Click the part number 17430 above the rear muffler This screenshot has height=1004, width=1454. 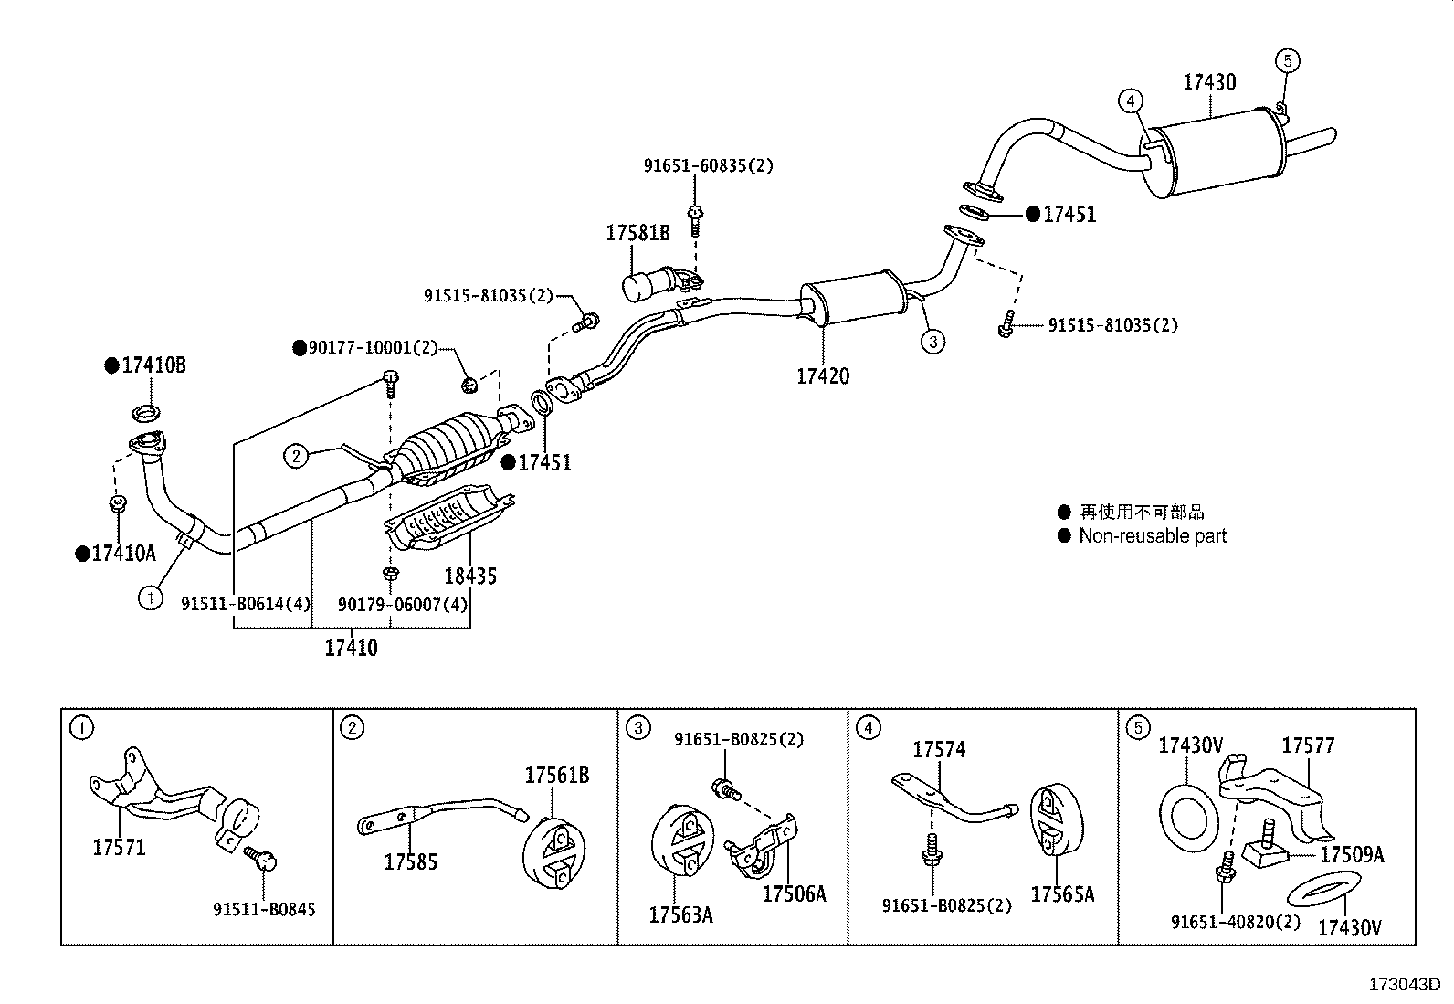1209,82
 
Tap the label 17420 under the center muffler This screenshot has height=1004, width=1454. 822,375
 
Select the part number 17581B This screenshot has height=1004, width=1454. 637,234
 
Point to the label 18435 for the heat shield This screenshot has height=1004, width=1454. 470,576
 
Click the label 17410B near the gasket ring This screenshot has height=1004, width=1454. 153,365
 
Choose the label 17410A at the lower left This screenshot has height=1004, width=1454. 123,553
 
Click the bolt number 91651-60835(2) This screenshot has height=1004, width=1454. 708,166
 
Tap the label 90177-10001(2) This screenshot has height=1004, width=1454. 373,348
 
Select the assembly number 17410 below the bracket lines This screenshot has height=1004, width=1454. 351,649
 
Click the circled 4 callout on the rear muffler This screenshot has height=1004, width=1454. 1130,100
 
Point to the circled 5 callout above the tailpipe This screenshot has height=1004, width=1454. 1287,61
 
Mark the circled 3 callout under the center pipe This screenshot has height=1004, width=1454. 932,342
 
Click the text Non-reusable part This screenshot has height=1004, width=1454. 1153,536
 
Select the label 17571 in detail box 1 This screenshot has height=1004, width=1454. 119,847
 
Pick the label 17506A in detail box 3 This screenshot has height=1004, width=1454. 794,893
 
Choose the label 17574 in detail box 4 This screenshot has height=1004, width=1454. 939,750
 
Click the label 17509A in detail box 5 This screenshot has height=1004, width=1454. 1352,855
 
